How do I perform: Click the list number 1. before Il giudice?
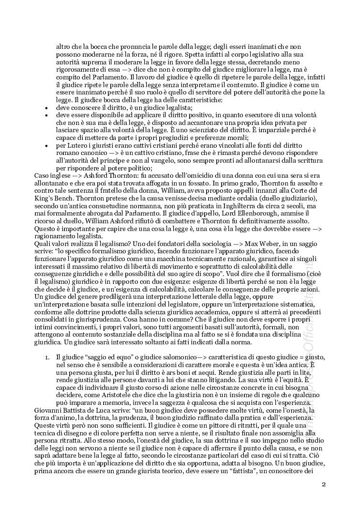click(x=46, y=357)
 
